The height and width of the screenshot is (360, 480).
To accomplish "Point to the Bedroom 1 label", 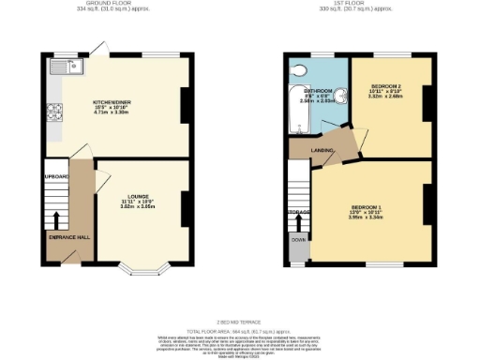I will pos(365,210).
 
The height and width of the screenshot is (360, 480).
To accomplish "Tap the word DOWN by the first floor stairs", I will pos(297,240).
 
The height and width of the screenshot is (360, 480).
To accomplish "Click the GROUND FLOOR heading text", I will pos(105,5).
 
